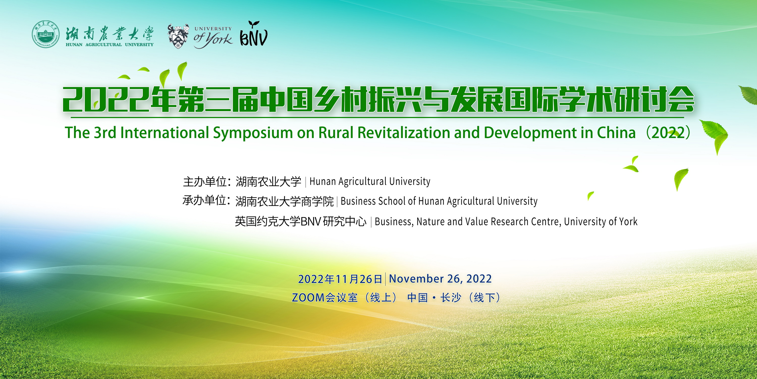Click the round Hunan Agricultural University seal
tap(46, 34)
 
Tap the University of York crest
tap(178, 36)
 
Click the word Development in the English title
tap(530, 133)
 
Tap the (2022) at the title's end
tap(668, 133)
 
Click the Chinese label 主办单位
tap(205, 182)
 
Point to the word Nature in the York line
tap(430, 221)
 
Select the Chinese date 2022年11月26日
tap(340, 279)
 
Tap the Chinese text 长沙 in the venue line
tap(451, 297)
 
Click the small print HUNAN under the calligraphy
tap(74, 44)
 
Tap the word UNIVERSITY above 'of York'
tap(213, 29)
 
